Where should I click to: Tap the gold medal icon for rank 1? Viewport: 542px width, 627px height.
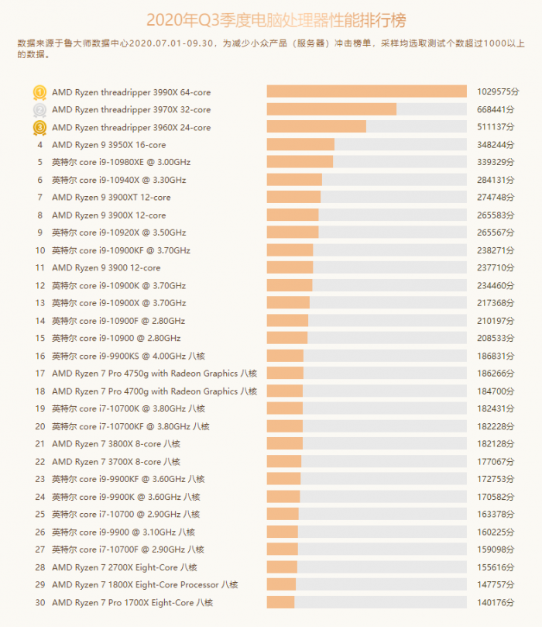39,92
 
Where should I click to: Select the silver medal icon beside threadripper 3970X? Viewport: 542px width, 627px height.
39,110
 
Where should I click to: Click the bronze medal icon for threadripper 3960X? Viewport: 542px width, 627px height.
39,127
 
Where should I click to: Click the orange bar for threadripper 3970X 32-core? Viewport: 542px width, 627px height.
331,110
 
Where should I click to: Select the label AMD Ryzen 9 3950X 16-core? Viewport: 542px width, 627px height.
108,145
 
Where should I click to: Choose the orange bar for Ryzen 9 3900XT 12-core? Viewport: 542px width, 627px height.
293,198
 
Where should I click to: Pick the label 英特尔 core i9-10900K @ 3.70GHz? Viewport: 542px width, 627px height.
118,286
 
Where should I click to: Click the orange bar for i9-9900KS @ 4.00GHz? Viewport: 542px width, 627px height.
285,356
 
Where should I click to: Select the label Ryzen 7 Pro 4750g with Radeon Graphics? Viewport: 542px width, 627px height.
154,374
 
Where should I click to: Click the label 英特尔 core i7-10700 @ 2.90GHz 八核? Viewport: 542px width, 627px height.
125,515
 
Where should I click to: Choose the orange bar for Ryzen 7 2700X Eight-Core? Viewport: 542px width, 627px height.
282,567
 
